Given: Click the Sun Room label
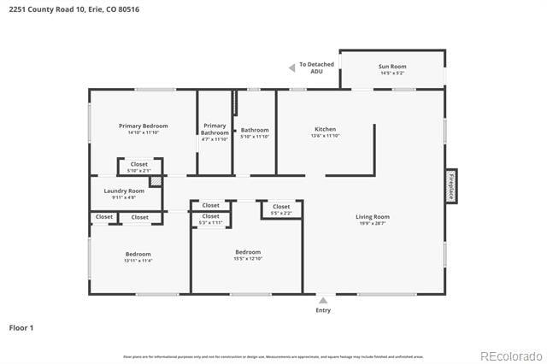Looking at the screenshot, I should tap(392, 66).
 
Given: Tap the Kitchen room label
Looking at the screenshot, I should tap(325, 129).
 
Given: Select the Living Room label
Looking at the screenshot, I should tap(373, 217).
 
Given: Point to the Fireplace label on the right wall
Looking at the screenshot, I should tap(450, 186).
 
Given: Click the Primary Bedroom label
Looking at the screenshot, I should tap(143, 126).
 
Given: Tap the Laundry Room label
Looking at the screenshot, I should tap(124, 191).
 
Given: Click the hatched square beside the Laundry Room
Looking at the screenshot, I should tap(156, 181).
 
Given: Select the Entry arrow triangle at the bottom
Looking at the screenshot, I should tap(323, 301).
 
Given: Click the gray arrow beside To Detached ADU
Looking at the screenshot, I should tap(291, 68).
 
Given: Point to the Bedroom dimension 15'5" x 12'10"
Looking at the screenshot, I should tap(248, 259).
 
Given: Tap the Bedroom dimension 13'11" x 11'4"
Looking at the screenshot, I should tap(138, 261).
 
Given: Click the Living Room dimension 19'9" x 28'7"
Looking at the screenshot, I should tap(373, 224).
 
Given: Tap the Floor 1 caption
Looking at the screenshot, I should tap(21, 327).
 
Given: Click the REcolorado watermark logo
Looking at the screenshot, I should tap(510, 355).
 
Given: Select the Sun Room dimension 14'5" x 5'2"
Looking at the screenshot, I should tap(392, 73).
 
